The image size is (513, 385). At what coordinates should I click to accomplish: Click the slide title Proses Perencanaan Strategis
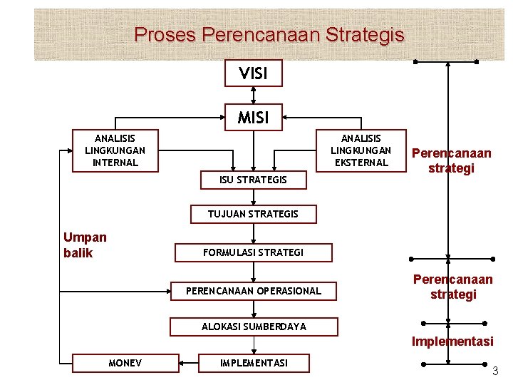click(x=269, y=34)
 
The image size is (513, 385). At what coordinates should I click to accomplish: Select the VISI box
click(x=254, y=72)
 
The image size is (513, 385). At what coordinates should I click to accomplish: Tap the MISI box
click(x=254, y=116)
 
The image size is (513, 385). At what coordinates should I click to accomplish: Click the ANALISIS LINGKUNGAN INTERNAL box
click(x=115, y=150)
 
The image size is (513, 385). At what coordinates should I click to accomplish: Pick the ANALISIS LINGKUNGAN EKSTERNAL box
click(x=361, y=150)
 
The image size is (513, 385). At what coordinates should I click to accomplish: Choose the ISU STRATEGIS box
click(x=254, y=180)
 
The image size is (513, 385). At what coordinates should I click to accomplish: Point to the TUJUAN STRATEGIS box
click(x=253, y=214)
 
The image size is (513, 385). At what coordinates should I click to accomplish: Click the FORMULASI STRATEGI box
click(x=254, y=252)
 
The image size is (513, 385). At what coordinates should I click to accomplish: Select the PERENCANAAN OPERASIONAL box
click(x=254, y=291)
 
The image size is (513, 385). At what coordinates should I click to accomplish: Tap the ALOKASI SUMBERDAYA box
click(x=254, y=327)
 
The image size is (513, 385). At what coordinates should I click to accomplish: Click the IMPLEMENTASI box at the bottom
click(x=254, y=364)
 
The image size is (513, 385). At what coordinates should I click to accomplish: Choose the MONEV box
click(x=125, y=364)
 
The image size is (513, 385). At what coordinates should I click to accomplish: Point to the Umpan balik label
click(x=84, y=245)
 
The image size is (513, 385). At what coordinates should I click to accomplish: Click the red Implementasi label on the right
click(x=452, y=342)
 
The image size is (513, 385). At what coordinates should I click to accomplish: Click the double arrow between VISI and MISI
click(x=254, y=94)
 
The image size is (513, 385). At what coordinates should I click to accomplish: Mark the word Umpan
click(x=85, y=237)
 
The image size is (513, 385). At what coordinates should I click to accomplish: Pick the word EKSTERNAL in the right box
click(x=361, y=163)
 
